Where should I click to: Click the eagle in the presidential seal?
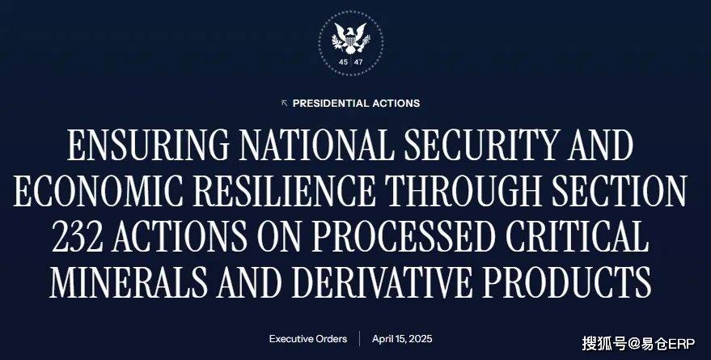tap(350, 38)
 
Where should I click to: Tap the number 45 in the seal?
tap(343, 62)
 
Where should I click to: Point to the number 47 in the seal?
tap(358, 62)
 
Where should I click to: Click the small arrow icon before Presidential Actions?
tap(284, 104)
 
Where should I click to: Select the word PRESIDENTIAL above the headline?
tap(331, 104)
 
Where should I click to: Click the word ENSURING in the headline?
tap(148, 145)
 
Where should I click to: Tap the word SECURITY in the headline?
tap(480, 145)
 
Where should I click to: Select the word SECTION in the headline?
tap(620, 190)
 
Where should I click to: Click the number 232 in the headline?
tap(78, 236)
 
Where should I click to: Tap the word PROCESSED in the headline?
tap(403, 236)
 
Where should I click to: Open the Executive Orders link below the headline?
tap(308, 339)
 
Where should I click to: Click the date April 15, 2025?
tap(402, 339)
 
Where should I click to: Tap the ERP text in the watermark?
tap(682, 344)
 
